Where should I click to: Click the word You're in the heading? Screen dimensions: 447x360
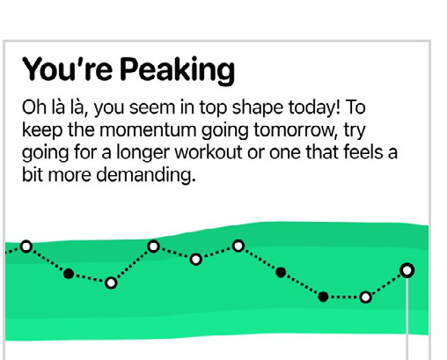[x=68, y=70]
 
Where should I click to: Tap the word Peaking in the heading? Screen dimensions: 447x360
[x=178, y=71]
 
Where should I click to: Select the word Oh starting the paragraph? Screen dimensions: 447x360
[x=34, y=107]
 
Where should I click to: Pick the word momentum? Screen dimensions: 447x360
[x=148, y=130]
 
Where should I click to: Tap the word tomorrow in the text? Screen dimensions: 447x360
[x=294, y=130]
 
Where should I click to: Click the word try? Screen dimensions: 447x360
[x=355, y=131]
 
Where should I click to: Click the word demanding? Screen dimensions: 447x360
[x=146, y=176]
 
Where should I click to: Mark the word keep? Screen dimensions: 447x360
[x=42, y=131]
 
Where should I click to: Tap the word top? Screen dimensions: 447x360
[x=213, y=108]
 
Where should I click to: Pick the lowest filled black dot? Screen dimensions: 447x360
[x=323, y=297]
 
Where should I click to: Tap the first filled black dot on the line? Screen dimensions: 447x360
[x=69, y=274]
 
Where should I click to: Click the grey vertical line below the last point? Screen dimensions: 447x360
[x=407, y=319]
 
